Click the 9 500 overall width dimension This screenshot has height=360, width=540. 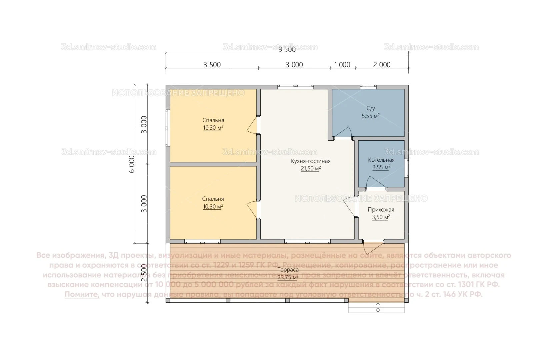tap(287, 49)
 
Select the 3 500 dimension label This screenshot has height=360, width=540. tap(212, 65)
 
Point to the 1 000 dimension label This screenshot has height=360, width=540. tap(342, 65)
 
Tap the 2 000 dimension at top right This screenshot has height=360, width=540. tap(382, 65)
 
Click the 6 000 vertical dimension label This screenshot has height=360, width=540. tap(132, 164)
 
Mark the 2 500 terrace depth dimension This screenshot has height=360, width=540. tap(144, 273)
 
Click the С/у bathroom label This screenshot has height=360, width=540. tap(371, 108)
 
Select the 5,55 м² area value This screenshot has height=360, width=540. tap(371, 116)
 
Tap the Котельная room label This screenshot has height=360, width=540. tap(381, 160)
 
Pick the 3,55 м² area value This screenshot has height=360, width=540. tap(381, 167)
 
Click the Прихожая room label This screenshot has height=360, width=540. tap(381, 210)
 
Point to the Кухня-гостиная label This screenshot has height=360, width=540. tap(311, 161)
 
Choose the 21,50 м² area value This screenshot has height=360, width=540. tap(311, 169)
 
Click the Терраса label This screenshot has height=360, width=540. tap(288, 269)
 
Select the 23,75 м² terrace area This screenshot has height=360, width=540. tap(288, 277)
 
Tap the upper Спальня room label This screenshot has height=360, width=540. tap(213, 120)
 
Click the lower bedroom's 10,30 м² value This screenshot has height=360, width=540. tap(213, 207)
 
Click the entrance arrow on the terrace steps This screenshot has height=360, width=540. tap(378, 307)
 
